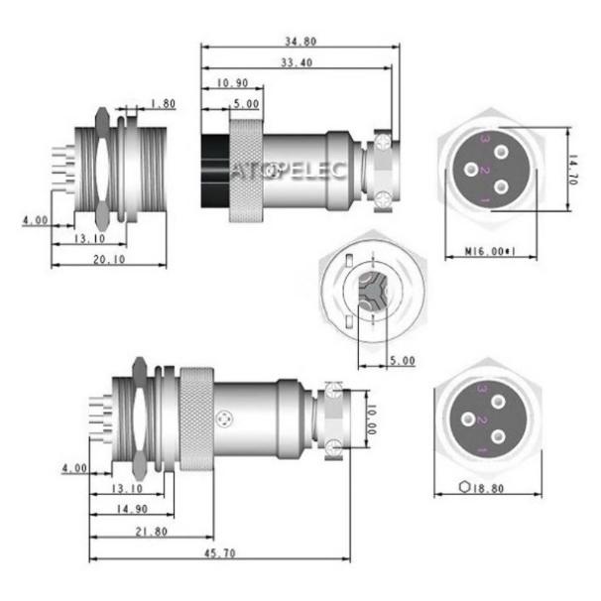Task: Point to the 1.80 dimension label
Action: [165, 103]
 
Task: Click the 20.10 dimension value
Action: [109, 260]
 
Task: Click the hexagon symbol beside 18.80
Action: [467, 488]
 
